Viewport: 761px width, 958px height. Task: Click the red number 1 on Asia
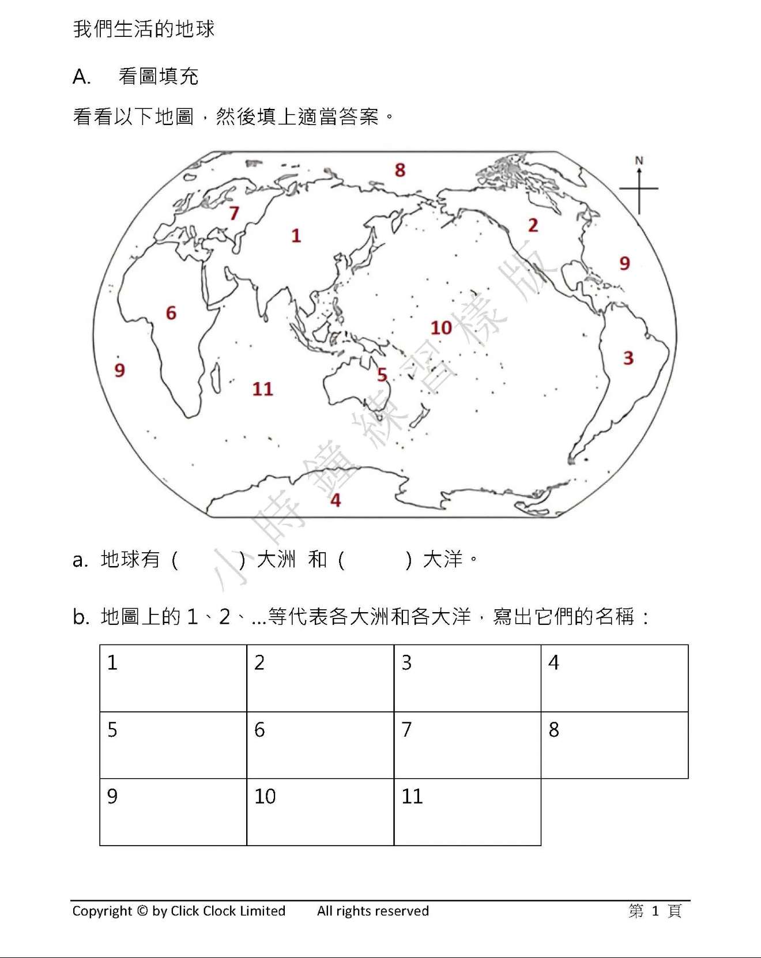point(296,236)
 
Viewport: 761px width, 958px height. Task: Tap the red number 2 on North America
point(533,225)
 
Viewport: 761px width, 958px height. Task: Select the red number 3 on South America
point(628,358)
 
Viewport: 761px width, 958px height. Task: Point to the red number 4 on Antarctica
point(336,500)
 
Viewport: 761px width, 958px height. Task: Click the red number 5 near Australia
point(382,375)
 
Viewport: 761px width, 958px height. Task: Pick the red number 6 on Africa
point(171,313)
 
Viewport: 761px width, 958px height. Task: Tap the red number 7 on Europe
point(233,213)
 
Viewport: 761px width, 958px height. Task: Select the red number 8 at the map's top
point(400,170)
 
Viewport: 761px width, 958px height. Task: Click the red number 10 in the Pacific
point(442,328)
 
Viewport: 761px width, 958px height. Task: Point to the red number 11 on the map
point(263,389)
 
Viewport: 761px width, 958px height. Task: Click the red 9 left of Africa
point(119,370)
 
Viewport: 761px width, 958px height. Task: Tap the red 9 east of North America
point(625,263)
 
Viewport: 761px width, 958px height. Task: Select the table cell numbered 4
point(615,678)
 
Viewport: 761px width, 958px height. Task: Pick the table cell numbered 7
point(467,745)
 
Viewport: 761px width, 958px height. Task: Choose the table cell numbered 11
point(467,812)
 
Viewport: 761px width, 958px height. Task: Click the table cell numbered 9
point(173,812)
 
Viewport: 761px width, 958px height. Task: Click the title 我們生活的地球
point(144,29)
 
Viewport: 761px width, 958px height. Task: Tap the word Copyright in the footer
point(102,911)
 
